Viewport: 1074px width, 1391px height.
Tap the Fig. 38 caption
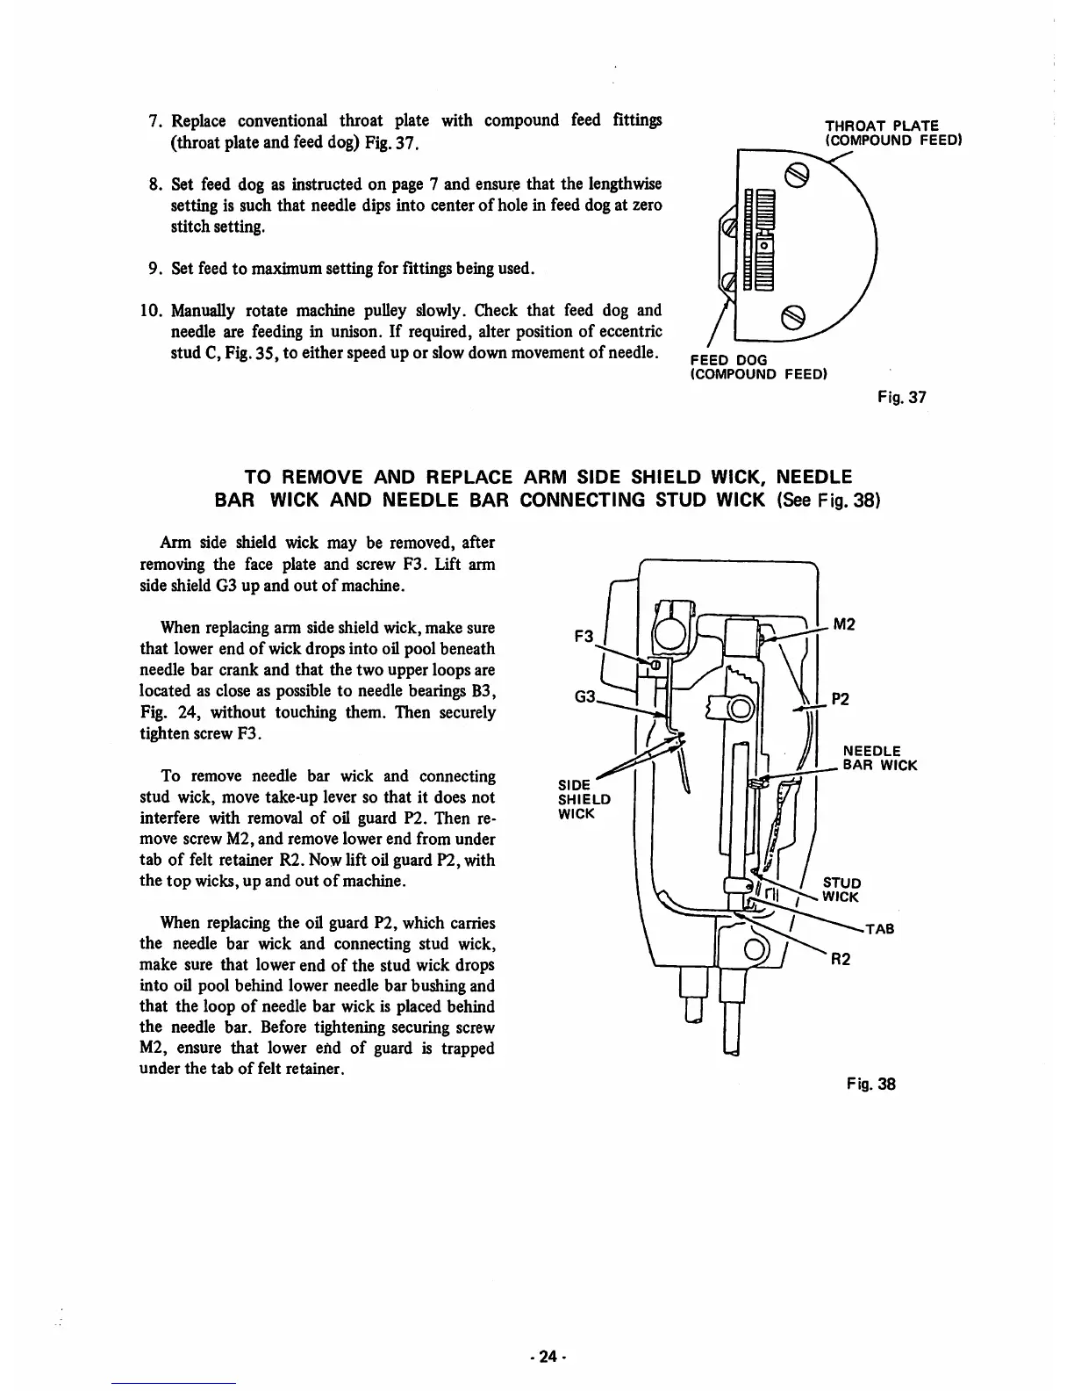[871, 1083]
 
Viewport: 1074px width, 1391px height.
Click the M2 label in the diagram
[844, 624]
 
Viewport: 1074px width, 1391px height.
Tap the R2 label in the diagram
[841, 959]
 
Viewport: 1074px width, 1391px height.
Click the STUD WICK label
[841, 890]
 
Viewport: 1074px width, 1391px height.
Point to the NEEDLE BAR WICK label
[879, 758]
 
